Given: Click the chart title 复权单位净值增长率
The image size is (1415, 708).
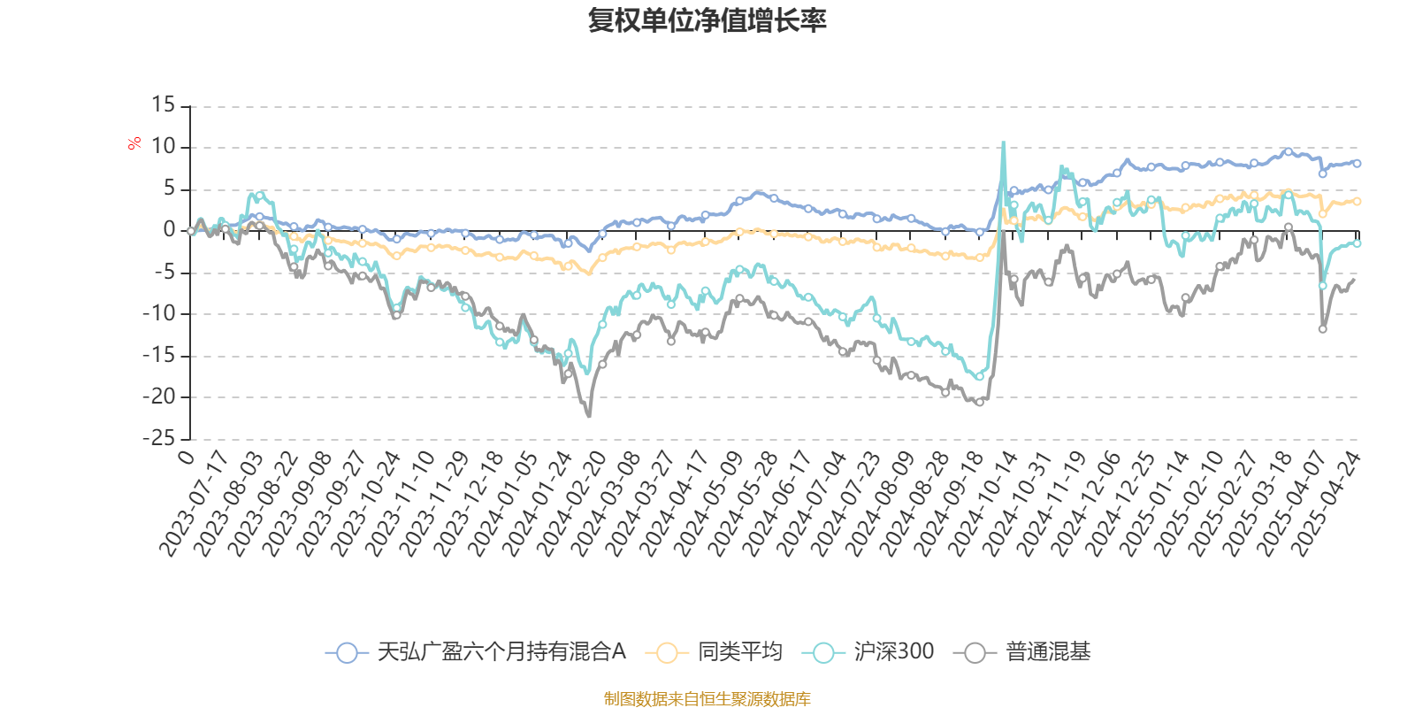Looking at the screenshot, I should point(707,20).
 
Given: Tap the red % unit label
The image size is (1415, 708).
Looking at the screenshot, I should point(134,142).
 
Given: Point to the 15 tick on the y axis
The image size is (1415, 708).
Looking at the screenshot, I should point(164,105).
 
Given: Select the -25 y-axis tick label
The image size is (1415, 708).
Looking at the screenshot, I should point(159,437).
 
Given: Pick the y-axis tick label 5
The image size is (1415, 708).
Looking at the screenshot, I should point(169,189).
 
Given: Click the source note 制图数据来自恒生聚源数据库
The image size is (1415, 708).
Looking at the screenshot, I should point(707,699).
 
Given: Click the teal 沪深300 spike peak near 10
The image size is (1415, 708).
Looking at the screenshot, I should point(1003,142).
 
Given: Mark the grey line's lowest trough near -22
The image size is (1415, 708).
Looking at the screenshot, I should point(589,415).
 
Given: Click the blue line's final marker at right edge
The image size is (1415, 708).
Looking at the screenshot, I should point(1357,164).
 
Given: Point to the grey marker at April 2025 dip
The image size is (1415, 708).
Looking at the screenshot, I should point(1323,329).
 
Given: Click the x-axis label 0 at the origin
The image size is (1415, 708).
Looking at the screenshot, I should point(186,457).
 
